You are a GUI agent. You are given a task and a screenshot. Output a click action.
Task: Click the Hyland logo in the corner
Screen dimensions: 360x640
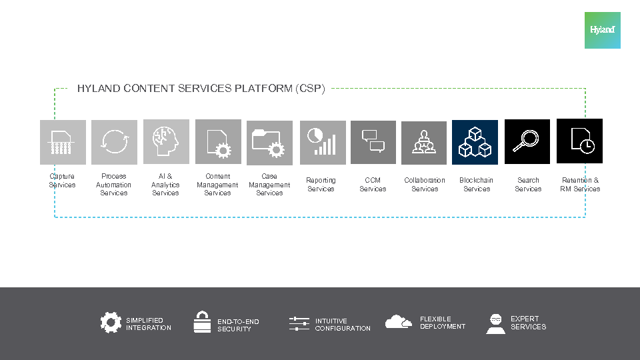pyautogui.click(x=602, y=30)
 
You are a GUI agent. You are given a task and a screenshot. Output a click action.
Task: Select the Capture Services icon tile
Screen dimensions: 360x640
pyautogui.click(x=63, y=142)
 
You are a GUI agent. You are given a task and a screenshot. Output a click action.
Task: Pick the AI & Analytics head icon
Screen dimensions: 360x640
pyautogui.click(x=165, y=141)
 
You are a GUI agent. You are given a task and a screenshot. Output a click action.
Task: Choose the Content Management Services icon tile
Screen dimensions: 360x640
pyautogui.click(x=218, y=142)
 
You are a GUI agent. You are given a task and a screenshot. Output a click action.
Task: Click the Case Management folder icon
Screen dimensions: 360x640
pyautogui.click(x=269, y=143)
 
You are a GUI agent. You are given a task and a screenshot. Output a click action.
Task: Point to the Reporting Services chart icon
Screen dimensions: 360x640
pyautogui.click(x=322, y=142)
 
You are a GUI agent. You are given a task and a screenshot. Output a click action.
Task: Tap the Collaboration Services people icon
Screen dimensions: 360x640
pyautogui.click(x=424, y=143)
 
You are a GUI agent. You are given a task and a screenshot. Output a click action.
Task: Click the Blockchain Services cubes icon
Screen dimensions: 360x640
pyautogui.click(x=475, y=142)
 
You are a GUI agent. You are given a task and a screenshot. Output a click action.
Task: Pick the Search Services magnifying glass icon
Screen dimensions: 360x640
pyautogui.click(x=527, y=141)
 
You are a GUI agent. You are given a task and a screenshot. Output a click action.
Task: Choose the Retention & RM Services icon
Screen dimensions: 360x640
pyautogui.click(x=579, y=141)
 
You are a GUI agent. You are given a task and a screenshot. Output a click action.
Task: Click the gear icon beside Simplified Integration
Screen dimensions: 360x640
pyautogui.click(x=111, y=323)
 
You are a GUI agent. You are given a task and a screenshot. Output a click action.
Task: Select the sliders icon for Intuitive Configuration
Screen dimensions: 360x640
pyautogui.click(x=299, y=324)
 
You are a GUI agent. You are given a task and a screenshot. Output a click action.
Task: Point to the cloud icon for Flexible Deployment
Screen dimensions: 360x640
pyautogui.click(x=398, y=322)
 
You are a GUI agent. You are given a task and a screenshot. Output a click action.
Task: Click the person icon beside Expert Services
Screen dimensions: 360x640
pyautogui.click(x=495, y=323)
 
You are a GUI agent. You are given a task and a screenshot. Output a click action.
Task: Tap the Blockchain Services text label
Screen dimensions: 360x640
pyautogui.click(x=477, y=185)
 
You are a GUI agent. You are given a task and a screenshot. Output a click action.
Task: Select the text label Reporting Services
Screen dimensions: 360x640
pyautogui.click(x=321, y=185)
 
